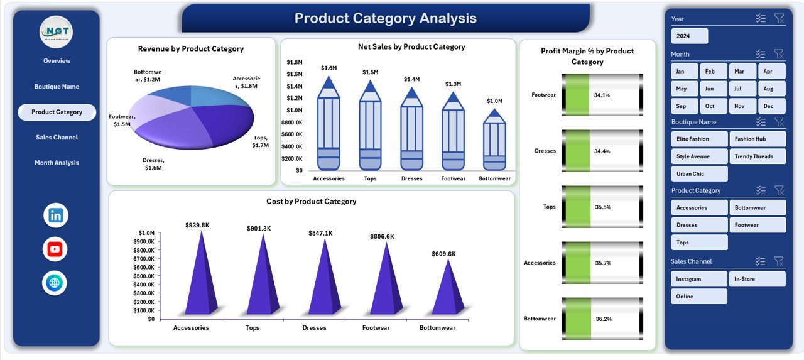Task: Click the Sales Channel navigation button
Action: pyautogui.click(x=57, y=138)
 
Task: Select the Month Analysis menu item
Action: pyautogui.click(x=57, y=163)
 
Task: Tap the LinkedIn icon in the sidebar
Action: pyautogui.click(x=56, y=215)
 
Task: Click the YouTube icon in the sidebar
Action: pyautogui.click(x=55, y=249)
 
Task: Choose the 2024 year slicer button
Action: pyautogui.click(x=689, y=36)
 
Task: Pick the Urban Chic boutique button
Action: pyautogui.click(x=698, y=174)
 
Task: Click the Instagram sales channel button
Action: pyautogui.click(x=698, y=279)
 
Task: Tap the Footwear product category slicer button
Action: pyautogui.click(x=757, y=225)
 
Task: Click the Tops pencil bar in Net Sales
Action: pyautogui.click(x=370, y=132)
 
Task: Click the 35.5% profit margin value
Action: pyautogui.click(x=602, y=207)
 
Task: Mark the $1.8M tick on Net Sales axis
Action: pyautogui.click(x=294, y=62)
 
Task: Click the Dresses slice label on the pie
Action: pyautogui.click(x=153, y=164)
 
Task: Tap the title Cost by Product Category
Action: pyautogui.click(x=311, y=202)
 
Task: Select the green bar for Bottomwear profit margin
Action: pyautogui.click(x=579, y=319)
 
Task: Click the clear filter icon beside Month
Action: pyautogui.click(x=779, y=54)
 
